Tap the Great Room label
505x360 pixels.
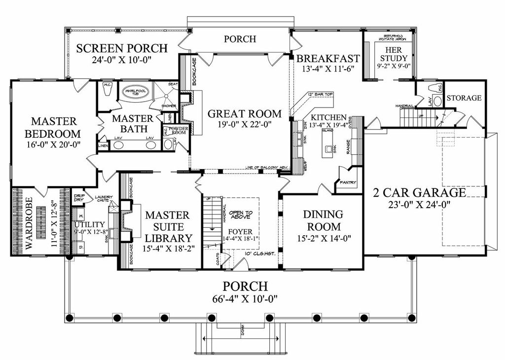244,114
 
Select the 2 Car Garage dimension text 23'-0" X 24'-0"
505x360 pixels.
419,203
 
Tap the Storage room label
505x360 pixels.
464,98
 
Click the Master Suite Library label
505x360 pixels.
167,227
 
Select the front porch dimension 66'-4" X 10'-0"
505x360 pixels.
245,298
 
